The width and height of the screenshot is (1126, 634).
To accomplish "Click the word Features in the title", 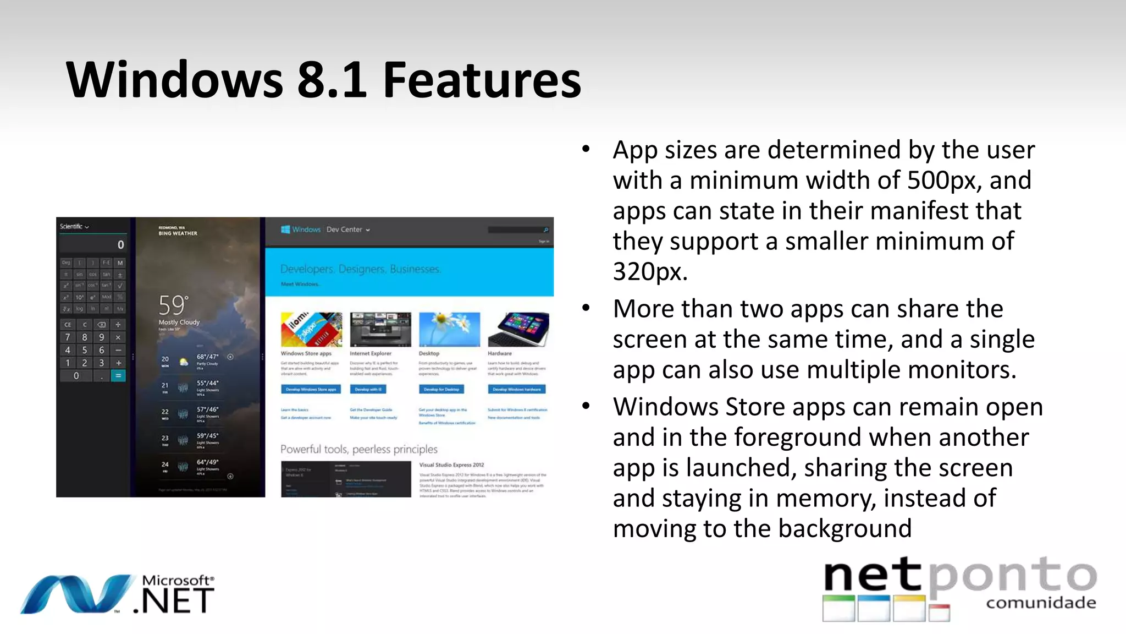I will click(482, 80).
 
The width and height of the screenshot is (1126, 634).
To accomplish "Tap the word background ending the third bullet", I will click(844, 529).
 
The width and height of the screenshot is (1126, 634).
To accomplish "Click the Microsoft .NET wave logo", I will click(77, 594).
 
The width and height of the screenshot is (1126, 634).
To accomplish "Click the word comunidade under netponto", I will click(1041, 603).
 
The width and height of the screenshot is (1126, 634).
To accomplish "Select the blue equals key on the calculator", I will click(118, 376).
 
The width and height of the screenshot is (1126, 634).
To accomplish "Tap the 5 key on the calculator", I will click(85, 350).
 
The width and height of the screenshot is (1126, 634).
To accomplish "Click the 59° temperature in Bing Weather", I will click(173, 305).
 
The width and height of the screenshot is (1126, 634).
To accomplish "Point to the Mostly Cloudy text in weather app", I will click(179, 323).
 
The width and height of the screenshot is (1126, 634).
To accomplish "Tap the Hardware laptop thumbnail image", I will click(518, 329).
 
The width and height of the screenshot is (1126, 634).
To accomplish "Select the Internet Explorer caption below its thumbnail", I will click(371, 353).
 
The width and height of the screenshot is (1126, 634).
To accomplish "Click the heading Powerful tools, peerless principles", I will click(359, 449).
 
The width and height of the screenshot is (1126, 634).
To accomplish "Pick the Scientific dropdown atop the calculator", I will click(74, 227).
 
